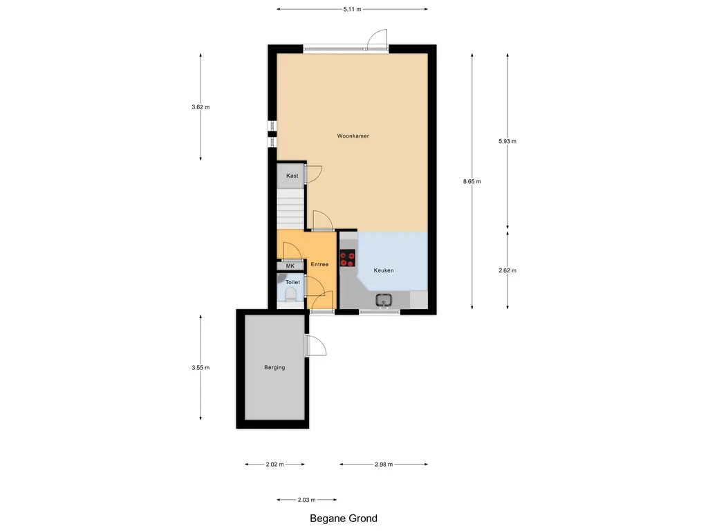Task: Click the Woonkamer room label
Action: (353, 136)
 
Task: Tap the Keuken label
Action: (384, 270)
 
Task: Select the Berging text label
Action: (274, 368)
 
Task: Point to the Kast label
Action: (292, 176)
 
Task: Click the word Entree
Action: (319, 264)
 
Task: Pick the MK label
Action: (290, 266)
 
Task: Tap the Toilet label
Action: (292, 282)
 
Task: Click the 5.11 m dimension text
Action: (352, 9)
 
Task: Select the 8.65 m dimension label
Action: (472, 182)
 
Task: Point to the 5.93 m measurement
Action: (507, 141)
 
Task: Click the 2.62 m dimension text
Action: (507, 270)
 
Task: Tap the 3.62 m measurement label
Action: (201, 107)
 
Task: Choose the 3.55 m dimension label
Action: (201, 368)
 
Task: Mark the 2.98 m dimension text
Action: (384, 464)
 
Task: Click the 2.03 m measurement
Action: (306, 500)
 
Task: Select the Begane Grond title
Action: (344, 519)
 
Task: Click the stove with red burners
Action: (347, 259)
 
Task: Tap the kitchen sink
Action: (384, 300)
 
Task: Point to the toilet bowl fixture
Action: (291, 295)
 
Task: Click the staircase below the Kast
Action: (290, 209)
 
